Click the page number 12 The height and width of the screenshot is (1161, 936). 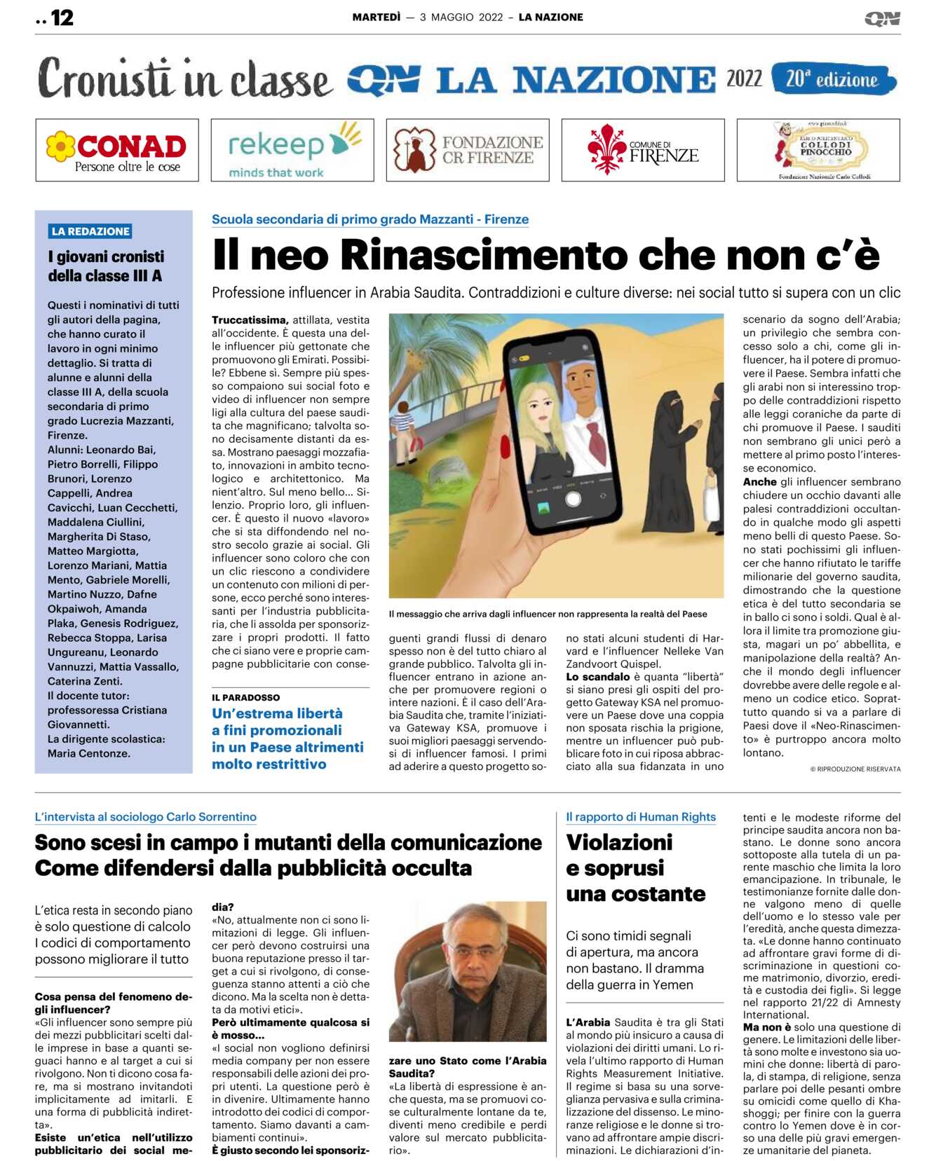tap(62, 18)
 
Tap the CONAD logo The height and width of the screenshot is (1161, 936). tap(117, 150)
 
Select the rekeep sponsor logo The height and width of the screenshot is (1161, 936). tap(292, 150)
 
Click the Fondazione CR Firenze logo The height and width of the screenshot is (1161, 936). tap(468, 150)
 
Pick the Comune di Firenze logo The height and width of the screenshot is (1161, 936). tap(643, 150)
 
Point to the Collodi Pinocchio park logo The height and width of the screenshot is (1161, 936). tap(818, 150)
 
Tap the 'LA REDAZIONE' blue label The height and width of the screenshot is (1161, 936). tap(90, 231)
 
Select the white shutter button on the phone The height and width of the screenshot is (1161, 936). tap(573, 500)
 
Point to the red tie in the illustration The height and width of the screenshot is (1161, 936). tap(596, 439)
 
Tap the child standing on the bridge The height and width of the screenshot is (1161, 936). tap(405, 429)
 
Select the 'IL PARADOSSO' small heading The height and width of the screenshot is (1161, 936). tap(246, 697)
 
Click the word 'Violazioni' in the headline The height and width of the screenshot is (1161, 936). tap(619, 842)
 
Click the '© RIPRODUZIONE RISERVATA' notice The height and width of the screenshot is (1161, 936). tap(855, 769)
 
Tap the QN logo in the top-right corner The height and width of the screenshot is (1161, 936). tap(882, 18)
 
